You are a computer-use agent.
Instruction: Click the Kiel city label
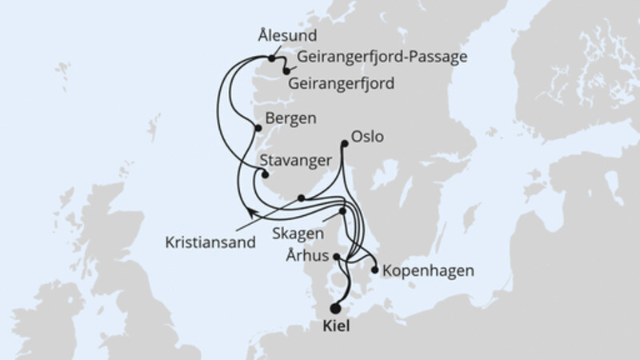click(x=335, y=326)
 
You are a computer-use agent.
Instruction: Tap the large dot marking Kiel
click(x=335, y=308)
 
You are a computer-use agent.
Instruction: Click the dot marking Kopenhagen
click(x=375, y=270)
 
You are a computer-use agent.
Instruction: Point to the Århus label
click(x=306, y=258)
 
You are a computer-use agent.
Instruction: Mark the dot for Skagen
click(x=343, y=211)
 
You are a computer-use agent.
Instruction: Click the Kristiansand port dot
click(x=301, y=198)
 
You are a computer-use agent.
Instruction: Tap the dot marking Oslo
click(x=345, y=144)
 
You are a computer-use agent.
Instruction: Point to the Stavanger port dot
click(x=266, y=175)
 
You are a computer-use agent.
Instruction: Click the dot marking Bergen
click(x=257, y=127)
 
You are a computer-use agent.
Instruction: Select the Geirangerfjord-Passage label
click(x=381, y=58)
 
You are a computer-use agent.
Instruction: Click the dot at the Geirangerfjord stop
click(x=286, y=72)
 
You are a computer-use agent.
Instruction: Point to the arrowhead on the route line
click(x=251, y=211)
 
